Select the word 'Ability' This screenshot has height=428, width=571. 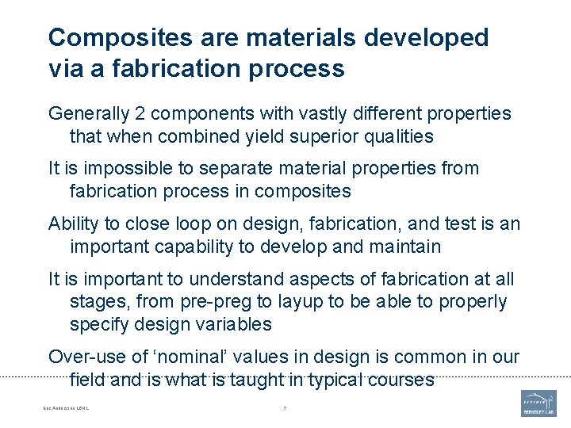point(73,224)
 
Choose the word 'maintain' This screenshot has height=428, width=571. point(403,246)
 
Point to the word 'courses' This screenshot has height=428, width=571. point(401,380)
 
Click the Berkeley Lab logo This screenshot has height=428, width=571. point(538,403)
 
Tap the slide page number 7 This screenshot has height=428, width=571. point(285,409)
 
